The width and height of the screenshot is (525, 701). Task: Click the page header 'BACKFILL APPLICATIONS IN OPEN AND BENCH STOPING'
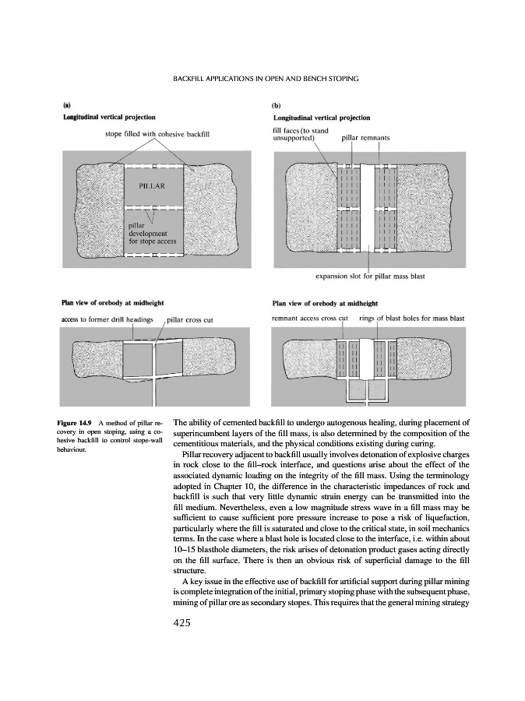coord(262,79)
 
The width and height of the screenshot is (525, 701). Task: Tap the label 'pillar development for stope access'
coord(153,232)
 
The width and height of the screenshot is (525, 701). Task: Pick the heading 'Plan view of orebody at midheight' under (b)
coord(324,303)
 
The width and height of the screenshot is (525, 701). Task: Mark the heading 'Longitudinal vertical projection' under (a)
coord(107,117)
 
